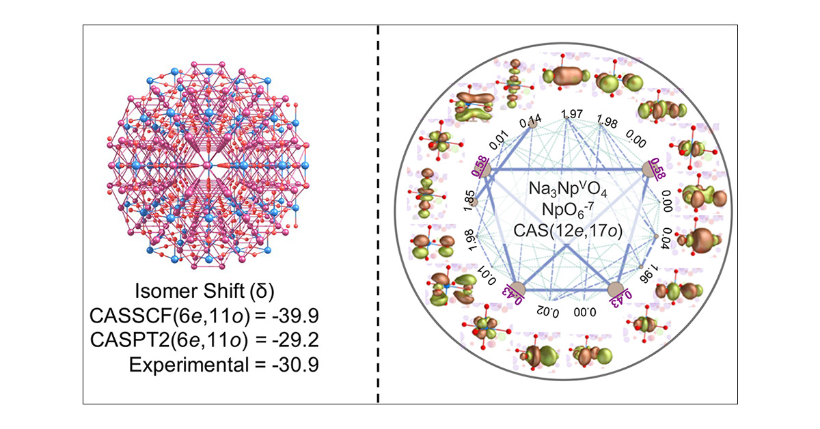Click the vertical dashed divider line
click(x=378, y=214)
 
